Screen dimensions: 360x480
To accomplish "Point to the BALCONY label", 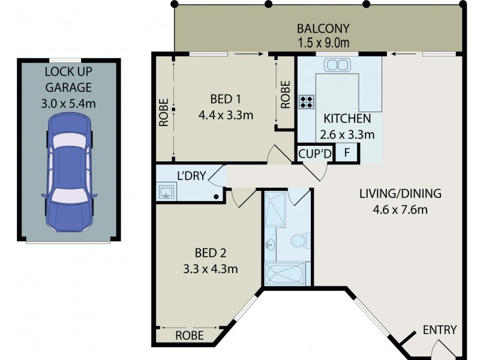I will (x=323, y=28).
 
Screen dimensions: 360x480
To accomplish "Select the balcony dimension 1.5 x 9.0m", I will (x=323, y=43).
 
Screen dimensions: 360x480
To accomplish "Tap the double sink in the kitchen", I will (x=337, y=64).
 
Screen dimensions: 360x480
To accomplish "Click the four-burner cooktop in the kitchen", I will (x=307, y=101).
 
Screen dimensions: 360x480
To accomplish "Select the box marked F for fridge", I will (x=346, y=152).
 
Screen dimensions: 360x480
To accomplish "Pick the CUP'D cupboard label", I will (x=315, y=153).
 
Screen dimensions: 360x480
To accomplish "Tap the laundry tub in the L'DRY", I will (x=166, y=192).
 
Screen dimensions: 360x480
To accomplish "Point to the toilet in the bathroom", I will (x=298, y=241).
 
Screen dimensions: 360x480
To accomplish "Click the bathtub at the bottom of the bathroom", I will (x=287, y=274).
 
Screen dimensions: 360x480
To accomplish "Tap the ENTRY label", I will (x=440, y=330).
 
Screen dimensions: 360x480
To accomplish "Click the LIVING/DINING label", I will (x=400, y=194).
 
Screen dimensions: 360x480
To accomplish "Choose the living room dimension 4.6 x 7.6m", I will (x=400, y=209).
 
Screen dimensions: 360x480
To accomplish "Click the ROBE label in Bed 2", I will (x=190, y=335).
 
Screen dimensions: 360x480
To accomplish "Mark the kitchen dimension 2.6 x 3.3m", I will (x=349, y=134).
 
